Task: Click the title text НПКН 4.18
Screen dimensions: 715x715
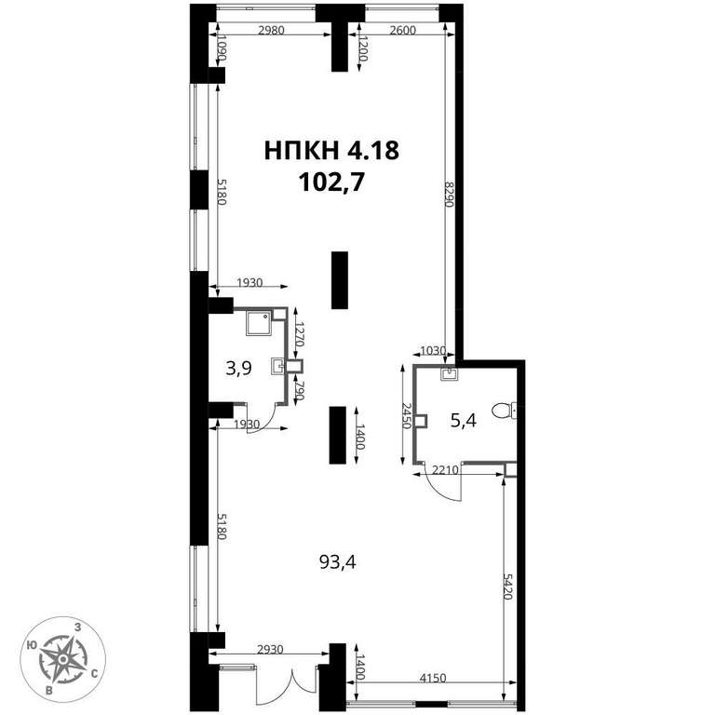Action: point(332,151)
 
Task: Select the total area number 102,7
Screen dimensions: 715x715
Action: point(332,182)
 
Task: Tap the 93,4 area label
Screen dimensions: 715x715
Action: point(337,562)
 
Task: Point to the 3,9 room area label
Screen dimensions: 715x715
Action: point(238,368)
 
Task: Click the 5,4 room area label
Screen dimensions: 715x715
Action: point(464,421)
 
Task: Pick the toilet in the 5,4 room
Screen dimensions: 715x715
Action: point(505,411)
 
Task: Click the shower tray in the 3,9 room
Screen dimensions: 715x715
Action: point(259,323)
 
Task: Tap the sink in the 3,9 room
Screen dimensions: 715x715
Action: point(277,366)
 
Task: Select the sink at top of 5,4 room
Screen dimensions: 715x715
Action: point(450,374)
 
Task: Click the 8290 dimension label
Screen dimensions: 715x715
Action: point(449,195)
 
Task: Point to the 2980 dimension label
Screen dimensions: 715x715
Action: point(271,31)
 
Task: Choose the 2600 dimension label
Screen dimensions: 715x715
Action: point(402,31)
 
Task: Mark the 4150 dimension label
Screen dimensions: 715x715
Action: point(432,678)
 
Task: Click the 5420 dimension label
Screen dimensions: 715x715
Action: point(508,587)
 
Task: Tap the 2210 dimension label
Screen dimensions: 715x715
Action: point(445,469)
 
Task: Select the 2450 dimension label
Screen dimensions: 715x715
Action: point(407,415)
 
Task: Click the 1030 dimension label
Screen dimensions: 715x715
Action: point(433,351)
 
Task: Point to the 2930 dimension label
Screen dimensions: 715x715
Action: point(270,649)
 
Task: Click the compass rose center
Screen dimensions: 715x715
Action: point(63,659)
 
